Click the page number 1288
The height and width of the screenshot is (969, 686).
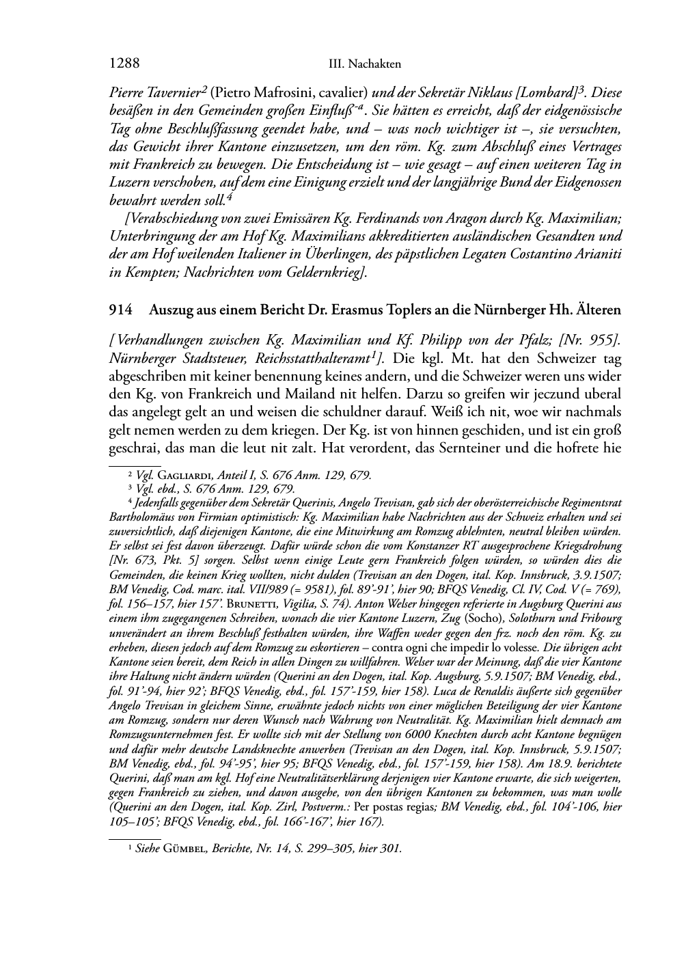tap(124, 64)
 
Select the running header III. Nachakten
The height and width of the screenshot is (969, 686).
tap(364, 64)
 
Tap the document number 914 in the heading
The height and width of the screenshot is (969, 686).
tap(120, 310)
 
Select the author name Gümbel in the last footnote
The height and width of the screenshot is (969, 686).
tap(185, 849)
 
